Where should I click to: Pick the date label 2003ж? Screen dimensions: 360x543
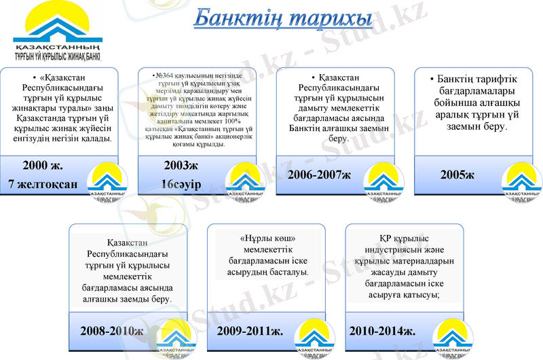pos(181,164)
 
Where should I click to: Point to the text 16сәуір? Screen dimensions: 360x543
pos(182,183)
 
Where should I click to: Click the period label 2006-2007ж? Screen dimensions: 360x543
pos(318,175)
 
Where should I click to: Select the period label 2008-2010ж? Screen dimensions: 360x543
pos(111,331)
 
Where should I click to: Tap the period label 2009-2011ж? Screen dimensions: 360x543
pos(250,331)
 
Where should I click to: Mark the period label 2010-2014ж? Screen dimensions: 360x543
pos(382,331)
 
